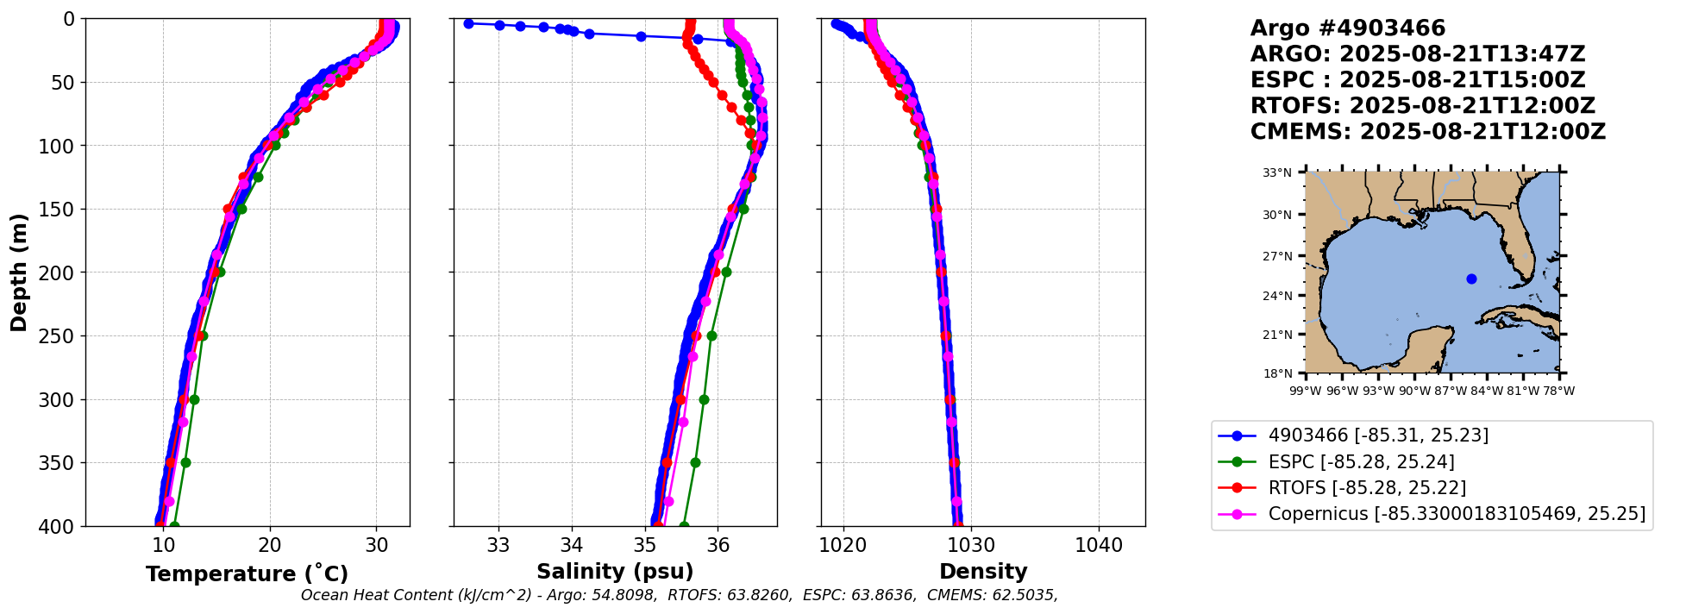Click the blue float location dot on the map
[1471, 279]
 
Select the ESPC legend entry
[1361, 461]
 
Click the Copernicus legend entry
[1456, 514]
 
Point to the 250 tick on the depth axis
[58, 336]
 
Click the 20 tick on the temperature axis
[270, 545]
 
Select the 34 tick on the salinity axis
[572, 545]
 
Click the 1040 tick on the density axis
[1099, 545]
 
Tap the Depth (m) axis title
[19, 273]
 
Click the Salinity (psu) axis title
[615, 572]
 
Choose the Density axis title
[983, 572]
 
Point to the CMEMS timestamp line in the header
[1427, 132]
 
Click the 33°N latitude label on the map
[1277, 172]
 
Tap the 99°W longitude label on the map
[1306, 391]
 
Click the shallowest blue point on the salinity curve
[468, 23]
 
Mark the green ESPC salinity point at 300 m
[704, 399]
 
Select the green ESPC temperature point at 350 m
[185, 462]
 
